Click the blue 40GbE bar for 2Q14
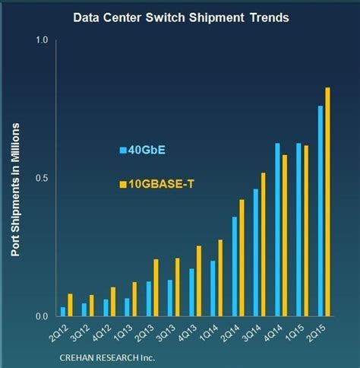235,267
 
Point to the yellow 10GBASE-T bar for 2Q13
156,288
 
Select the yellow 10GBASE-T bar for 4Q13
199,281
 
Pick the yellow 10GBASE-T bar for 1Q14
220,278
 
